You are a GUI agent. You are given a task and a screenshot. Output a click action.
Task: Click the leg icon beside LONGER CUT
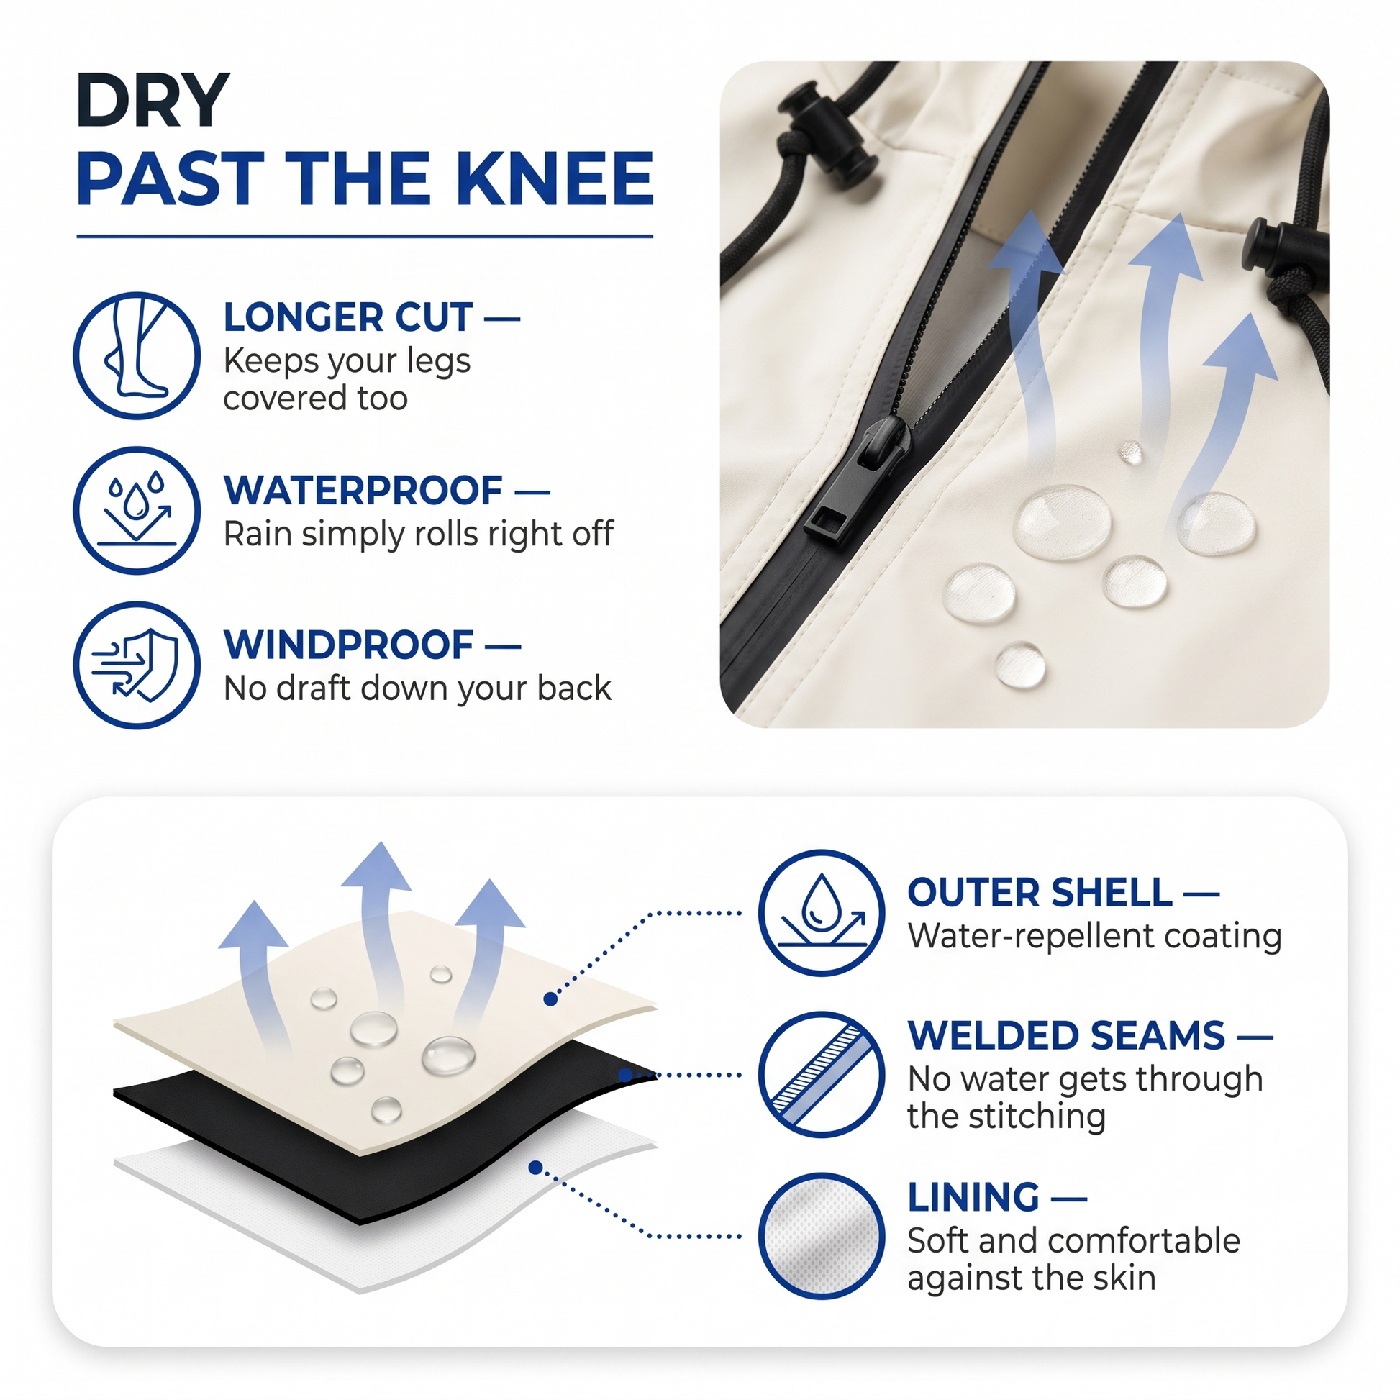137,355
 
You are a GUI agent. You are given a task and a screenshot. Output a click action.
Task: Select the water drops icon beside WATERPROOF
137,510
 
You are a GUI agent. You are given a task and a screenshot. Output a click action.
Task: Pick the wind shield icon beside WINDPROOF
137,665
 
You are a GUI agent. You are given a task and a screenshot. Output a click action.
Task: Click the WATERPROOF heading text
363,491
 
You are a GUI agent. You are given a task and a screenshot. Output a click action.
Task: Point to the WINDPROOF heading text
348,645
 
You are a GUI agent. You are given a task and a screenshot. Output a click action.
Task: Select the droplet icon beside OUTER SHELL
822,912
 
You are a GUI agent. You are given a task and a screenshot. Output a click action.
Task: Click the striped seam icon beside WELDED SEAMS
822,1074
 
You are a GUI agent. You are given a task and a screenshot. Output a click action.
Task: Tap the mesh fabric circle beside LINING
822,1235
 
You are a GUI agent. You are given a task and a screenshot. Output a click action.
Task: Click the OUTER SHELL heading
1040,892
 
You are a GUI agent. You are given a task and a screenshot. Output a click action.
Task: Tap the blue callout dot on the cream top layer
551,999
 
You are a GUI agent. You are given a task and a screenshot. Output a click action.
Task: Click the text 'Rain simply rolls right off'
418,535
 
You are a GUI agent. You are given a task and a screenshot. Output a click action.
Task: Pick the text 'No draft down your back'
417,688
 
